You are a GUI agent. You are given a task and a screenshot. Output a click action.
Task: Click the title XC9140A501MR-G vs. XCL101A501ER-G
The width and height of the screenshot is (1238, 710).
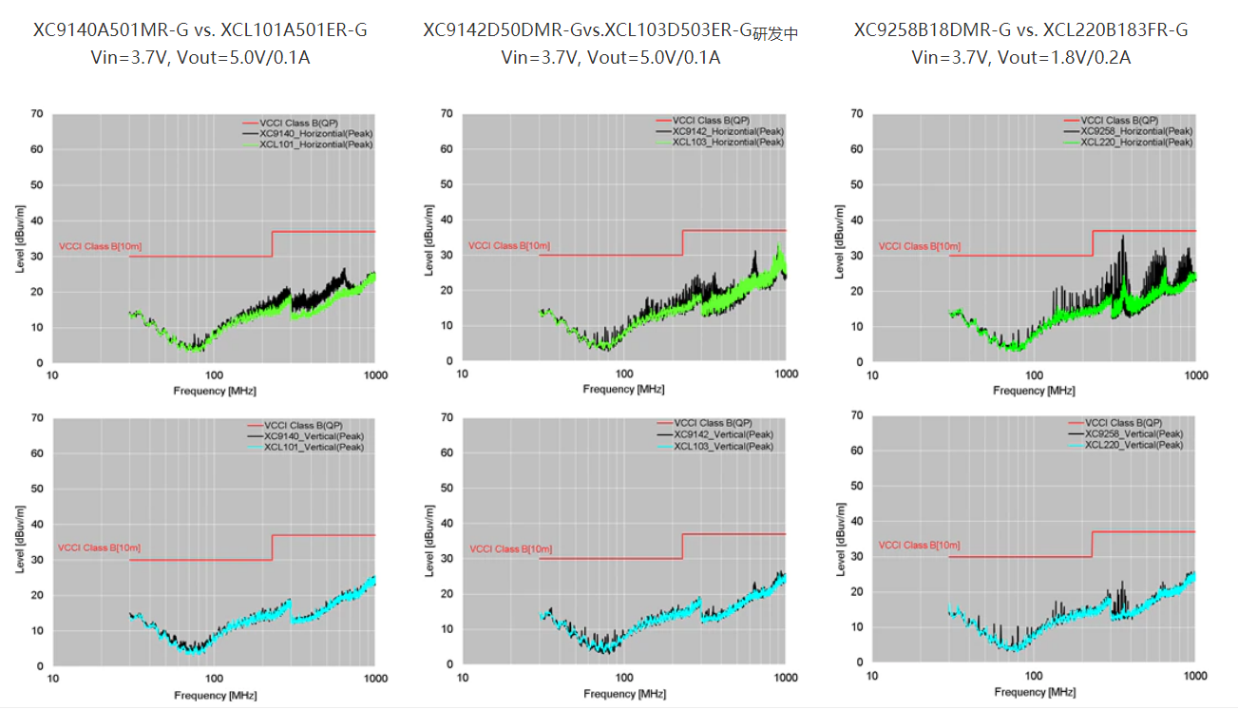pos(200,30)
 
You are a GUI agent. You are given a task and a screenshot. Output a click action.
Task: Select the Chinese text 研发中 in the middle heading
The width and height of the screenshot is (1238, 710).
pos(775,34)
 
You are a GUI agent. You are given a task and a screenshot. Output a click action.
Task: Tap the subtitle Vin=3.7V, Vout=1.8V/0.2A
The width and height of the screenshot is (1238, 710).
pos(1020,58)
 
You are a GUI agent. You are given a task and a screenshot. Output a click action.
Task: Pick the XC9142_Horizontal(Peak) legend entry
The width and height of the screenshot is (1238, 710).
pos(728,131)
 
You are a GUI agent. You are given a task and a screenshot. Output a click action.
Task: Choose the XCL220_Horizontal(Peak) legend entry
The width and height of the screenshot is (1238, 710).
pos(1136,143)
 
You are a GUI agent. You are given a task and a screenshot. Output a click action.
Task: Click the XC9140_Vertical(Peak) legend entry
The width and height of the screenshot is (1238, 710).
pos(314,435)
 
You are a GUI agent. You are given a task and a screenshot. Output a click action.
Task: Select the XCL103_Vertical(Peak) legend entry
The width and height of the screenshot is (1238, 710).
pos(722,447)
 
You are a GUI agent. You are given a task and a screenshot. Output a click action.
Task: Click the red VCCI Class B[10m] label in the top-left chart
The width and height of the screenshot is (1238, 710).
pos(100,247)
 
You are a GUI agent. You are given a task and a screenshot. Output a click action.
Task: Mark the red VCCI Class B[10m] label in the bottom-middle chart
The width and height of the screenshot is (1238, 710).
pos(508,549)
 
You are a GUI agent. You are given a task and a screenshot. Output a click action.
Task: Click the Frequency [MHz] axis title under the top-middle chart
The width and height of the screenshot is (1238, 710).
pos(623,390)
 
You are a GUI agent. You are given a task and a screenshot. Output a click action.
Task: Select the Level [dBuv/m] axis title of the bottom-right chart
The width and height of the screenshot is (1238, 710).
pos(840,538)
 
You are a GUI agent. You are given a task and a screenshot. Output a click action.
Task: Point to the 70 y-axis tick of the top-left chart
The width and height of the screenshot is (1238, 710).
pos(37,114)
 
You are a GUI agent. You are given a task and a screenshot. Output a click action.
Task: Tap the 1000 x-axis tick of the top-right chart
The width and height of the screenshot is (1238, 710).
pos(1194,375)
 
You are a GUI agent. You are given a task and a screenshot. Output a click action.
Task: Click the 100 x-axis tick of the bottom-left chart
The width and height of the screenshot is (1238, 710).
pos(215,679)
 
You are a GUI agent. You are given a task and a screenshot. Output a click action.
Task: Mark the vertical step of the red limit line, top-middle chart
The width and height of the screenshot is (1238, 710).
pos(682,242)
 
